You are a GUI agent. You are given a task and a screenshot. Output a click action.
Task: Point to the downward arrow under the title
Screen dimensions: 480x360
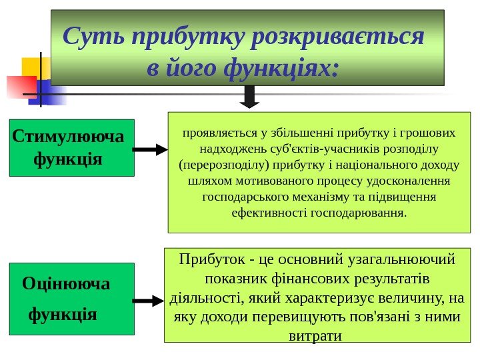click(x=249, y=97)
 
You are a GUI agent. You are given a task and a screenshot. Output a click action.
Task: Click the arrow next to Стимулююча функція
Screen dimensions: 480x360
click(x=150, y=150)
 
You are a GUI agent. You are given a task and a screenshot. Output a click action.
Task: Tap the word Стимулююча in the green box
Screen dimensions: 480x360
click(x=69, y=137)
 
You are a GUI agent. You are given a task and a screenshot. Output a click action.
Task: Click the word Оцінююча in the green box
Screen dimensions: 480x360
click(x=66, y=285)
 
